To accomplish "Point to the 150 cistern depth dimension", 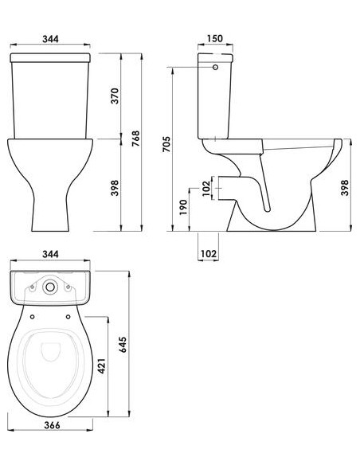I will (x=213, y=38).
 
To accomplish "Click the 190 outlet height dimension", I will (x=183, y=208).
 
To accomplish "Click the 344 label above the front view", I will (x=53, y=38).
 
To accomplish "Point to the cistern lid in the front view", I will (x=53, y=60).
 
